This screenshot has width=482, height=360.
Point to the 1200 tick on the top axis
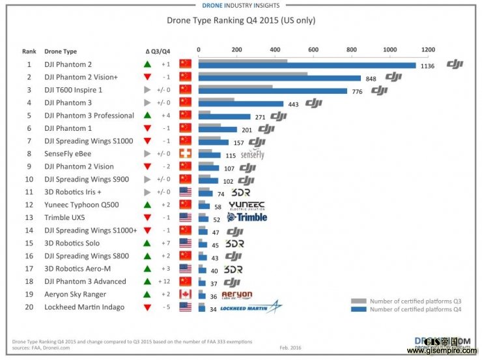[427, 50]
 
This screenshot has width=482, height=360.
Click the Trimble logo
[247, 217]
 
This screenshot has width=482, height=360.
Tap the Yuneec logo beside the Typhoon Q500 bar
[246, 205]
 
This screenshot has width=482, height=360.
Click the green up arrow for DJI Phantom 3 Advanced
[148, 281]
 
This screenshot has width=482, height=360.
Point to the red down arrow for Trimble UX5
[148, 217]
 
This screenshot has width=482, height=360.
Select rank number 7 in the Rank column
[29, 141]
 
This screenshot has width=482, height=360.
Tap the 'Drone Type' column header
[61, 51]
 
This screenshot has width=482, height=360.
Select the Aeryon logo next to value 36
[236, 295]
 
